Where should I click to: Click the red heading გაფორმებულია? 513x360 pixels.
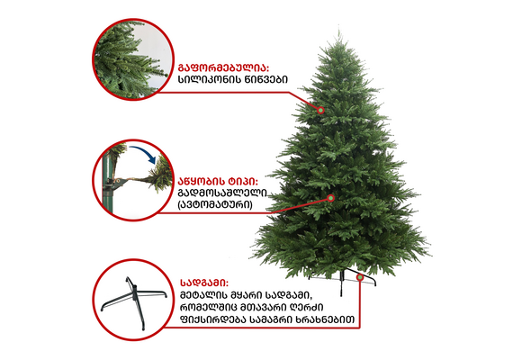[x=223, y=68]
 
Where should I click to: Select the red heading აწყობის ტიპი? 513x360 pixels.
[x=218, y=181]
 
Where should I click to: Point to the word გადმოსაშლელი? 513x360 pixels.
[x=222, y=193]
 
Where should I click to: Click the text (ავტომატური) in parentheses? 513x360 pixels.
[x=215, y=204]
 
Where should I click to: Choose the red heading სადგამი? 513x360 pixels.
[x=204, y=283]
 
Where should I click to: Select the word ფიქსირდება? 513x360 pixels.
[x=212, y=319]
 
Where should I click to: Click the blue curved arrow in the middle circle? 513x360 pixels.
[x=144, y=152]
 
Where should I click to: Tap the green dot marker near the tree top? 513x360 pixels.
[x=320, y=111]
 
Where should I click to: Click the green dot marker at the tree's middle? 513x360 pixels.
[x=331, y=198]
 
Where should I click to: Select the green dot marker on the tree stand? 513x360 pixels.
[x=360, y=277]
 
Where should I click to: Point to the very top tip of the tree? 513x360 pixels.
[x=338, y=31]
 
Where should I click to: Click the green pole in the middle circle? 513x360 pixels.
[x=108, y=184]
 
